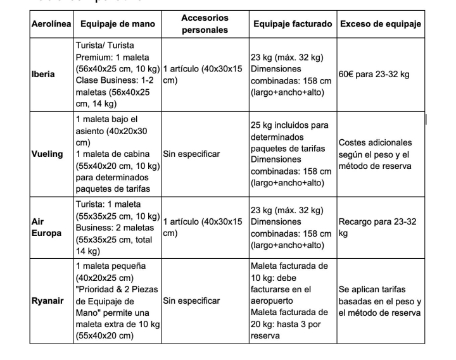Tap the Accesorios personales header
(x=205, y=23)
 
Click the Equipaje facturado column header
(x=293, y=23)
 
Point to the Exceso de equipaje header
(x=381, y=23)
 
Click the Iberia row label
(x=44, y=74)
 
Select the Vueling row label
(x=47, y=153)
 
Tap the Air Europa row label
(x=46, y=227)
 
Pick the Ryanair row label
(x=47, y=301)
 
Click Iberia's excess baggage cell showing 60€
(x=374, y=74)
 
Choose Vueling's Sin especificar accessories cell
(x=191, y=153)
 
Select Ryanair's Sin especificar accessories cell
(x=191, y=301)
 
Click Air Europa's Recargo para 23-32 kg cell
(x=378, y=227)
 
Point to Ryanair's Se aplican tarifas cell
(x=379, y=301)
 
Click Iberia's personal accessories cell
(x=203, y=74)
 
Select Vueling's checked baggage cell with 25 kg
(x=291, y=153)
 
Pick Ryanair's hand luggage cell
(x=117, y=301)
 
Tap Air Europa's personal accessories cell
(x=203, y=227)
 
